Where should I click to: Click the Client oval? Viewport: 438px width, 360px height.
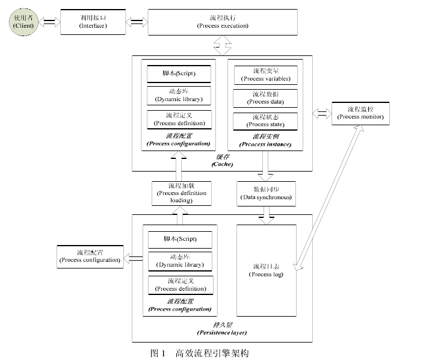(x=22, y=22)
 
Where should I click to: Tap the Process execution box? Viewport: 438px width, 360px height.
(x=223, y=22)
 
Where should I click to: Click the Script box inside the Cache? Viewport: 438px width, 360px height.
(x=179, y=73)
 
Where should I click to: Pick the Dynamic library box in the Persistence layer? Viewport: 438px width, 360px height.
(x=179, y=261)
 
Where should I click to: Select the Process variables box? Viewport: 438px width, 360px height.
(x=265, y=75)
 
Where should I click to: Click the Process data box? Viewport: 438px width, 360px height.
(x=265, y=98)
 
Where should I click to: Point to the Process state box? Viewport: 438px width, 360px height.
(x=265, y=120)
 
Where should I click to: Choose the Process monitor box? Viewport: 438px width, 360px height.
(x=360, y=113)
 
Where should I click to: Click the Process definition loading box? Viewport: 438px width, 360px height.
(x=181, y=193)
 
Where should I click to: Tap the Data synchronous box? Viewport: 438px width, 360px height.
(x=265, y=193)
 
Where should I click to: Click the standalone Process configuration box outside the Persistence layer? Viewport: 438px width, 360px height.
(x=88, y=256)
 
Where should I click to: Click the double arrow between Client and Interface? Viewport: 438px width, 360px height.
(x=49, y=22)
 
